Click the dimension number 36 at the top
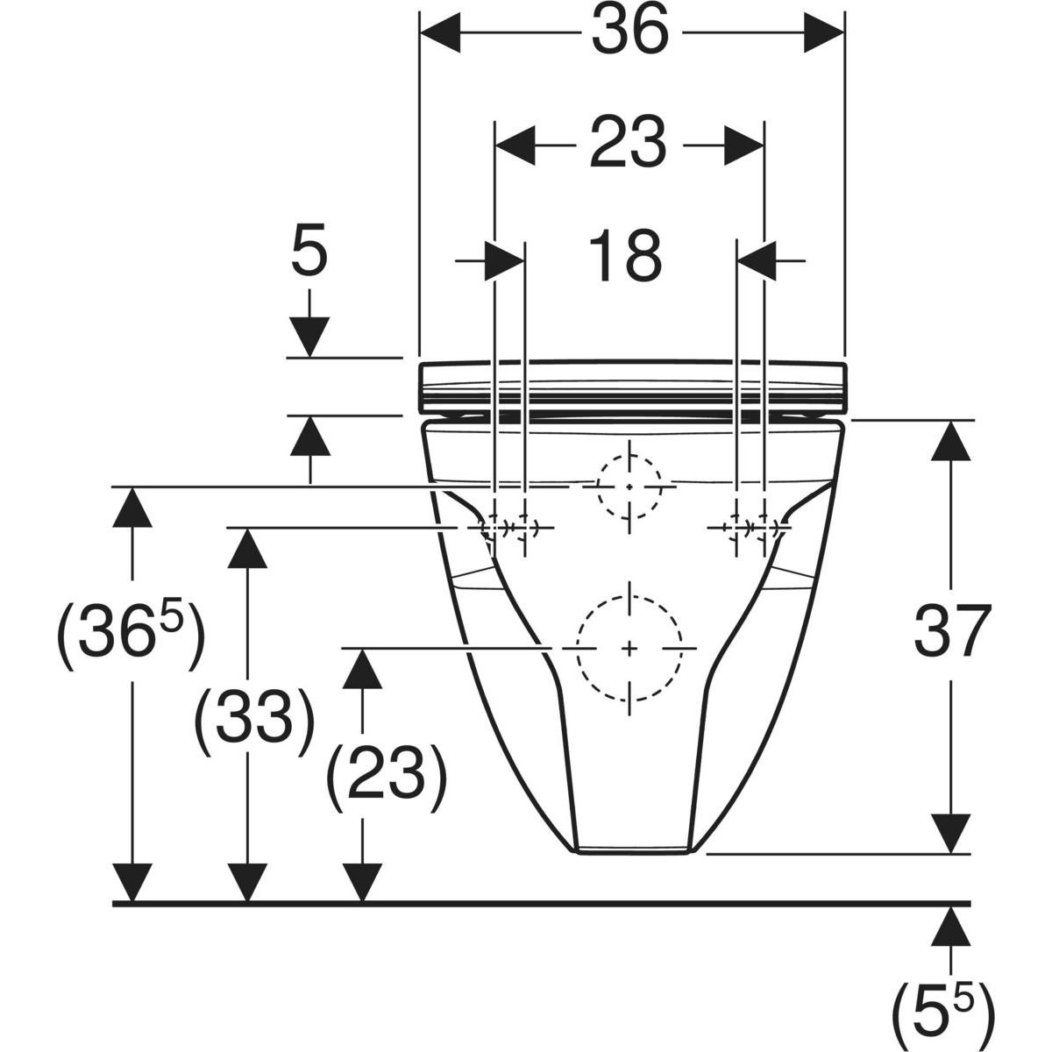point(629,33)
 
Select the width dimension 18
point(630,255)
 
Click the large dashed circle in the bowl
point(629,647)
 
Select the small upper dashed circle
point(629,486)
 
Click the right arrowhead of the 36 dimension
point(825,32)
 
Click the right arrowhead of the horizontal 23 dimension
point(743,143)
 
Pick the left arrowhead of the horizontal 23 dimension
point(515,143)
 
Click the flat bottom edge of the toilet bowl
point(633,849)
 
